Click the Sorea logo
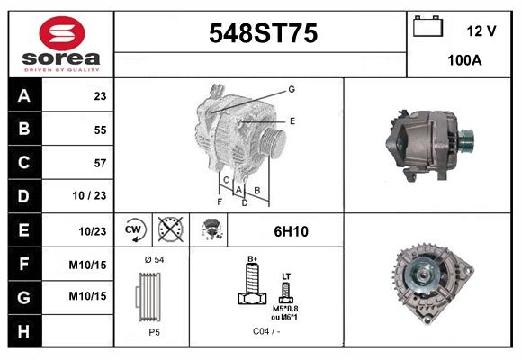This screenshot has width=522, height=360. tap(59, 43)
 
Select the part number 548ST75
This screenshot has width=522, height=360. tap(262, 33)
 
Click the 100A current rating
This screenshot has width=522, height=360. tap(464, 61)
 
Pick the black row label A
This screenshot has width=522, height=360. tap(23, 95)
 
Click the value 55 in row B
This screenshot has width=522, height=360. tap(99, 130)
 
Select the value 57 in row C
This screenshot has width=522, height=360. tap(99, 163)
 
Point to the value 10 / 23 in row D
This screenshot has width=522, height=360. tap(93, 196)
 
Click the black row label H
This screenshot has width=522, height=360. tap(23, 330)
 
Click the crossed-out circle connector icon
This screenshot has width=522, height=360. tap(170, 230)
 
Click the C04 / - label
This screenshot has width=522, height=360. tap(265, 330)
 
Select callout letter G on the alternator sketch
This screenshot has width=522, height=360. tap(292, 89)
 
